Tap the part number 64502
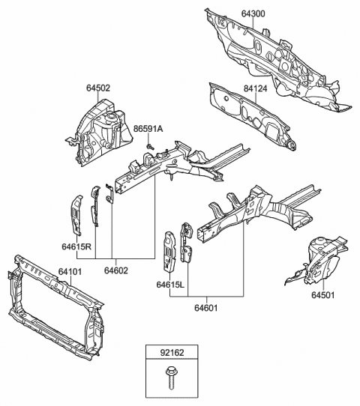pyautogui.click(x=97, y=88)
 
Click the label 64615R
pyautogui.click(x=76, y=247)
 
